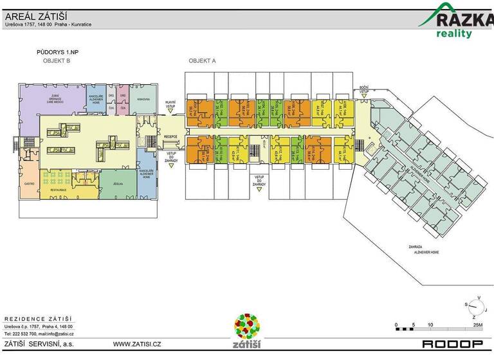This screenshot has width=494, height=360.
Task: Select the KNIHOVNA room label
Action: pos(142,99)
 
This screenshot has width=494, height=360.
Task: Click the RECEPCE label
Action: pos(170,137)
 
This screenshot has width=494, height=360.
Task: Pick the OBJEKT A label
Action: pos(202,60)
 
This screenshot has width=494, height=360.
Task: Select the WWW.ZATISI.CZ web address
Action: pos(137,345)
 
